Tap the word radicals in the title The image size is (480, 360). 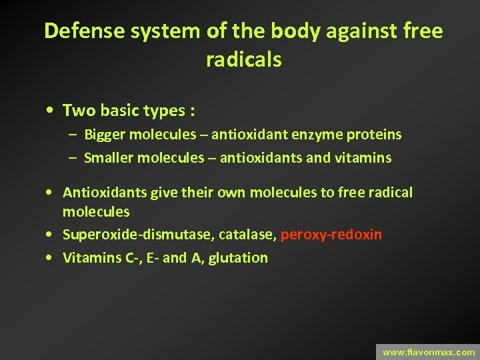coord(243,60)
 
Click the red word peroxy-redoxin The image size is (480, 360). coord(331,235)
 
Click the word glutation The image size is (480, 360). coord(238,258)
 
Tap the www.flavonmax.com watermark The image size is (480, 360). coord(429,352)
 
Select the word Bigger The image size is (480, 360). coord(105,135)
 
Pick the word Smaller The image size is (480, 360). coord(108,158)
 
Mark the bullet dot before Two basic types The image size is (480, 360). coord(51,110)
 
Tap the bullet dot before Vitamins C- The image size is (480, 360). coord(51,258)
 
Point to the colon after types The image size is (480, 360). coord(191,111)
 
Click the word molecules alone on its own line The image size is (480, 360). coord(96,212)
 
